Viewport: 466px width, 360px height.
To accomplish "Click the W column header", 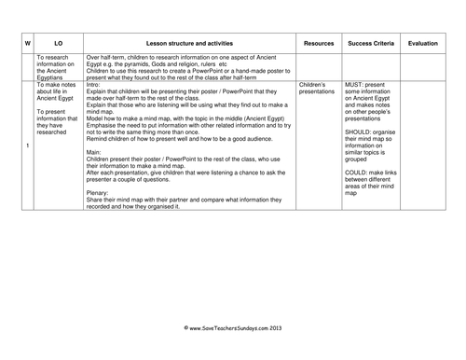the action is coord(28,43).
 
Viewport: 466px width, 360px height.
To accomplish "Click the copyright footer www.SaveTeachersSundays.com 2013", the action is coord(233,327).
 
